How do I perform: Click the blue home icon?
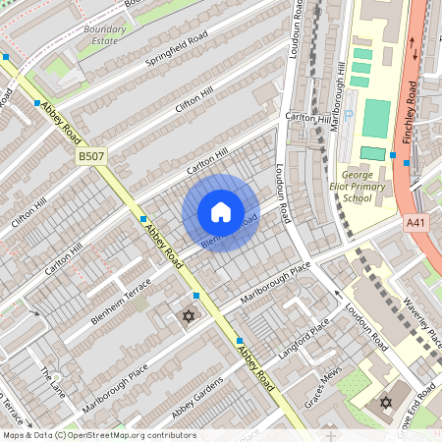pos(221,212)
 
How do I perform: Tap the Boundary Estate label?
pos(104,35)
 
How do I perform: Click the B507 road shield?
pos(91,155)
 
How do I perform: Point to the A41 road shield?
pos(417,224)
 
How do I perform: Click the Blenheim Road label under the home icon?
pos(229,232)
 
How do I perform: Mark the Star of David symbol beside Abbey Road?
pos(189,316)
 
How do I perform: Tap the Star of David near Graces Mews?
pos(385,403)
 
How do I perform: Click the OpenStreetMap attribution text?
pos(99,435)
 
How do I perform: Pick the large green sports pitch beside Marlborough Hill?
pos(375,118)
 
